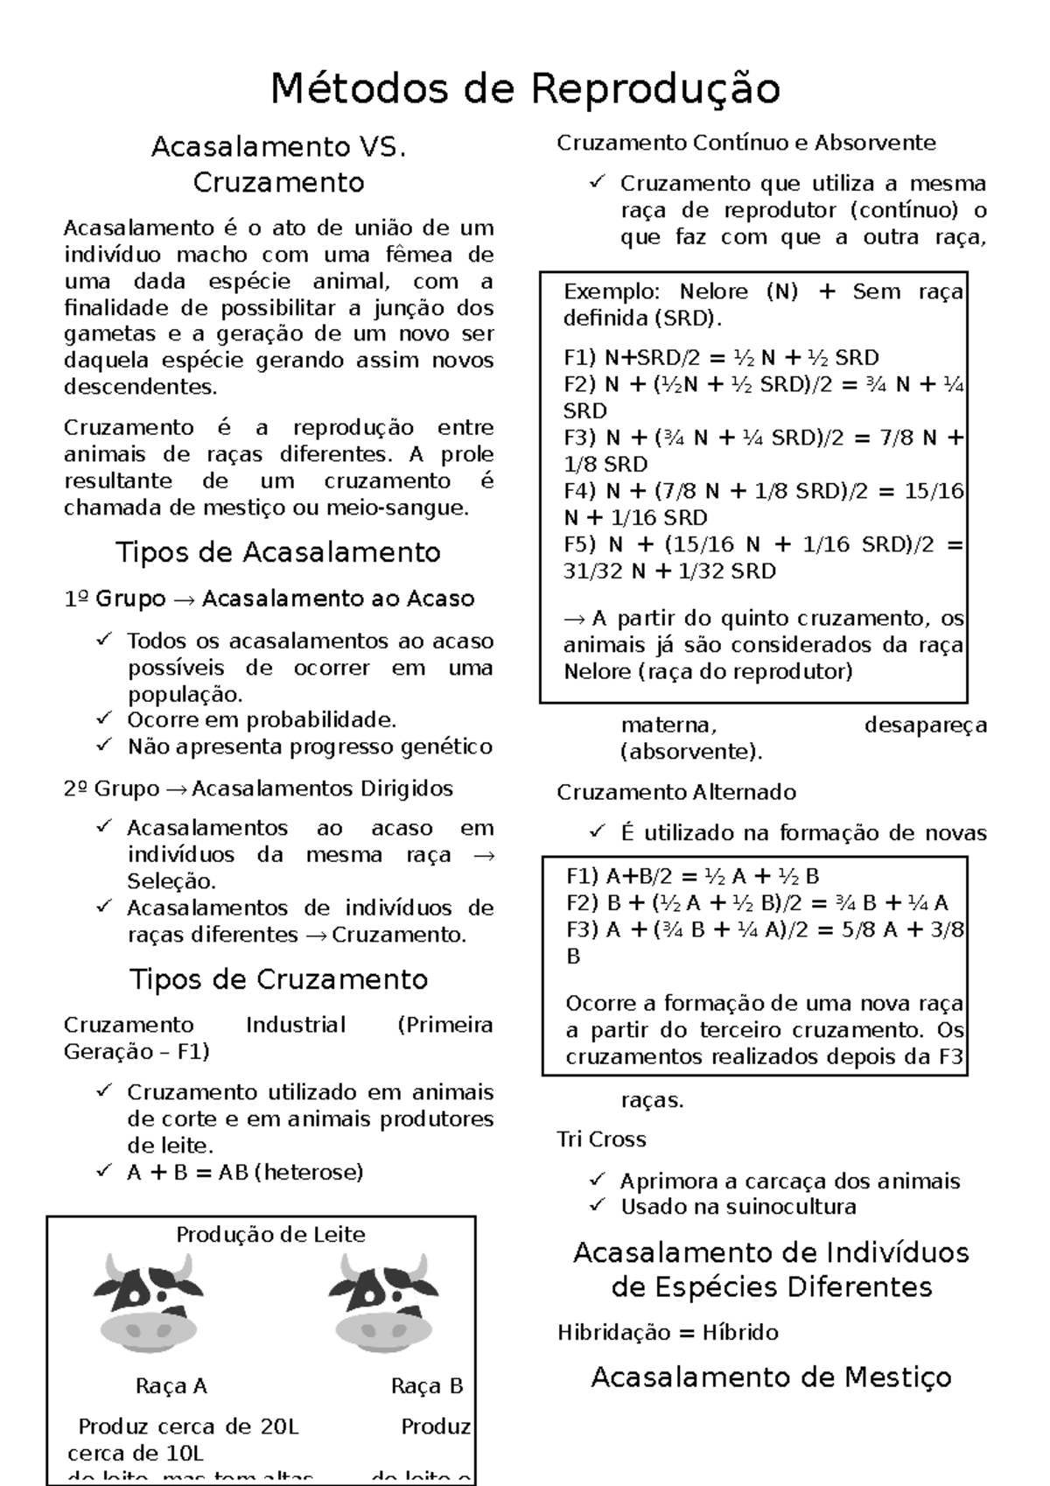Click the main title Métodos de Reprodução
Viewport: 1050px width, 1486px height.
(x=525, y=88)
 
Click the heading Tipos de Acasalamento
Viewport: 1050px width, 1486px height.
(x=278, y=552)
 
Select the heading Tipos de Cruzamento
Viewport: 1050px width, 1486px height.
(x=278, y=978)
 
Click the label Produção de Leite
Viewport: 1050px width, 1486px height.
(x=270, y=1235)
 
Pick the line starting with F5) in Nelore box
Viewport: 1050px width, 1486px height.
(x=762, y=544)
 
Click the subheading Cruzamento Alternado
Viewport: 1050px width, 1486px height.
(x=676, y=792)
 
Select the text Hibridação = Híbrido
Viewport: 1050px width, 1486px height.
(x=668, y=1332)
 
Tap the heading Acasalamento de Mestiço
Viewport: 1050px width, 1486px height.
(x=771, y=1377)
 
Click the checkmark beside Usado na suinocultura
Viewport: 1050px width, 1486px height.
(x=598, y=1206)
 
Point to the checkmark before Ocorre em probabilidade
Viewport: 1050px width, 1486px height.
(x=104, y=719)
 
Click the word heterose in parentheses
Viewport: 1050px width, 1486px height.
(x=308, y=1172)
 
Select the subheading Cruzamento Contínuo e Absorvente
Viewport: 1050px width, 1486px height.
(x=746, y=143)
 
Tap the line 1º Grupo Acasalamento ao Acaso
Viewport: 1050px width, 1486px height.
(x=269, y=599)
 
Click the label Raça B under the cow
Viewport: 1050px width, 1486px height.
(x=426, y=1386)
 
